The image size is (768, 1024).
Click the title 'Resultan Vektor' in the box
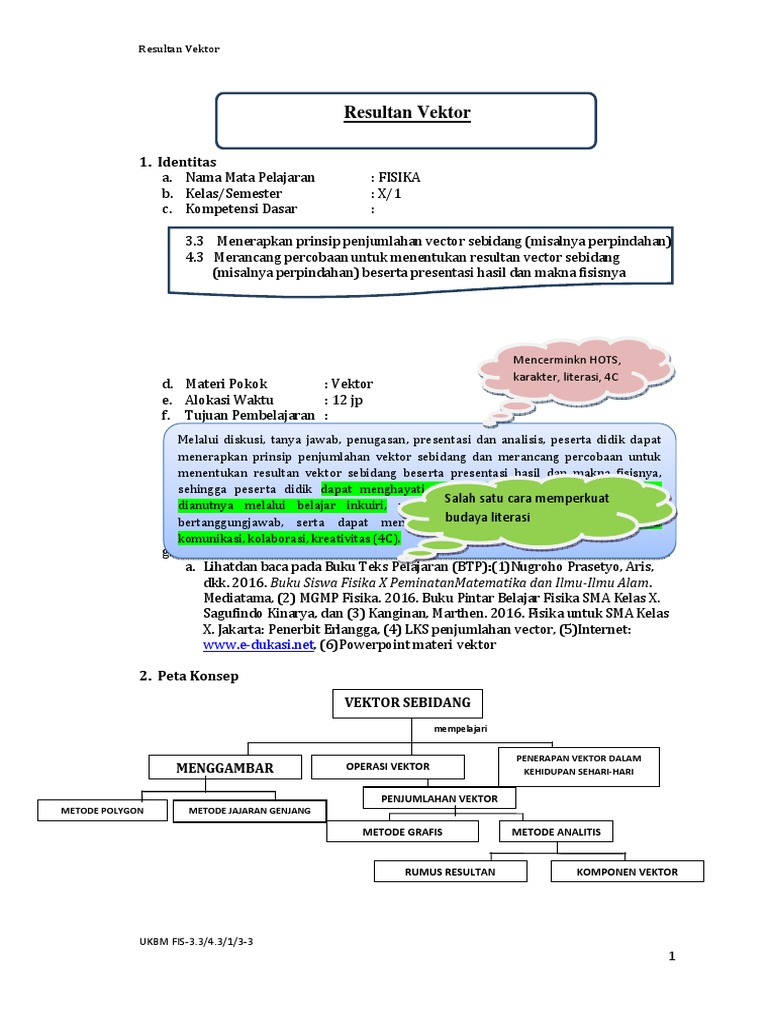click(407, 113)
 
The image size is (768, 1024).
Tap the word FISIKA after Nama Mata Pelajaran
click(400, 177)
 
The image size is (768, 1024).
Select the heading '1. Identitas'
click(178, 161)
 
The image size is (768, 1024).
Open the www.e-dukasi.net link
click(259, 645)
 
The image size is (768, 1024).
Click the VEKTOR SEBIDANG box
click(407, 703)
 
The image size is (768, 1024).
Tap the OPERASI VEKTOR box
click(388, 766)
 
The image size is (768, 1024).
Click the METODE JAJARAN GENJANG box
click(249, 810)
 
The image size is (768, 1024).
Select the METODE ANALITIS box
click(556, 831)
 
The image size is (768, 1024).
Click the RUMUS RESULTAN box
click(450, 871)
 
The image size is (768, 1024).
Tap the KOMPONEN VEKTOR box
click(627, 871)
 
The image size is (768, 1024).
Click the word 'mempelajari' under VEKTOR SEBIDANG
click(460, 730)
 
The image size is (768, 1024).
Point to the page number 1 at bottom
click(673, 957)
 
